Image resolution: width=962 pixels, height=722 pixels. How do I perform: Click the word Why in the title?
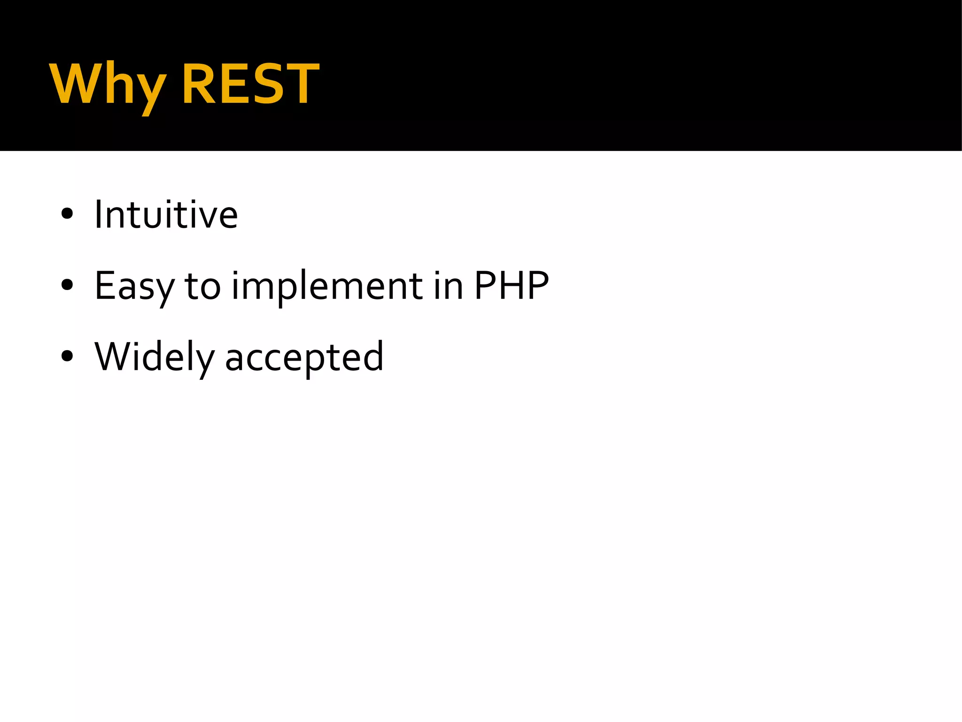(108, 85)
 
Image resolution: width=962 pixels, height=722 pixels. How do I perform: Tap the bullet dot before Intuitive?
(67, 214)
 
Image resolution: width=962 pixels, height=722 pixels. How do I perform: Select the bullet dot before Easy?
(67, 284)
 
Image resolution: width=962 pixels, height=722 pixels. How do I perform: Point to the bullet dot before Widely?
(67, 356)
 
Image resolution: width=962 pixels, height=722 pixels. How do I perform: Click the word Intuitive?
(166, 214)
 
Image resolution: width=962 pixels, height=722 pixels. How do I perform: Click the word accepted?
(304, 357)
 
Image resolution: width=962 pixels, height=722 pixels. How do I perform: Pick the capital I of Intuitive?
(98, 214)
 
